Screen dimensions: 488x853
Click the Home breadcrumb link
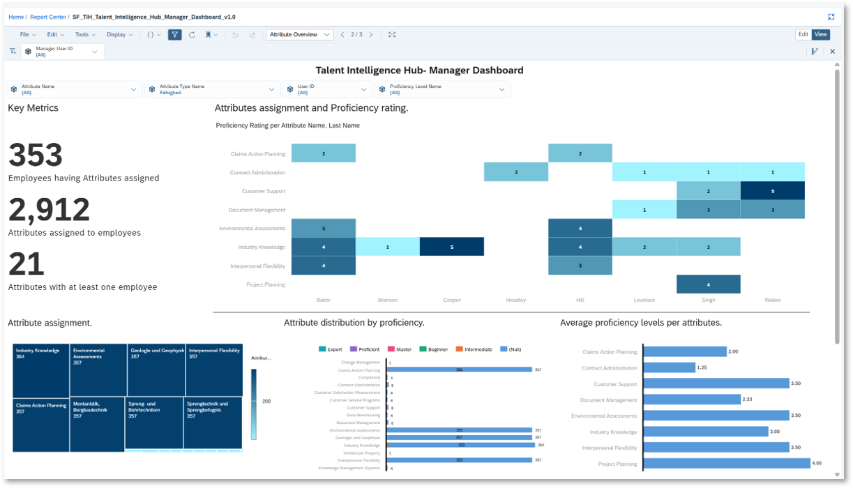point(15,17)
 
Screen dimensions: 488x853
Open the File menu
point(27,34)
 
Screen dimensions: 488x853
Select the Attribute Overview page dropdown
point(299,34)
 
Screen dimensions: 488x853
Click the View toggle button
point(821,34)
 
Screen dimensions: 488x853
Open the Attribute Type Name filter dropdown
point(212,89)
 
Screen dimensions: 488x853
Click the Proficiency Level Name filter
point(442,89)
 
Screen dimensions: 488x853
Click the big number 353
point(36,155)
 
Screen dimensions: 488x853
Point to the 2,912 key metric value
point(49,210)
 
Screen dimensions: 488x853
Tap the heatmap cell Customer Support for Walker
point(772,191)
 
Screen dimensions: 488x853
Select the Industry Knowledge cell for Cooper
point(451,247)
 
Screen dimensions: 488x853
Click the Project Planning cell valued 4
point(708,284)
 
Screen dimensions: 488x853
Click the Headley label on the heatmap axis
point(516,300)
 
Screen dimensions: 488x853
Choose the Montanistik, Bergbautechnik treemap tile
point(97,424)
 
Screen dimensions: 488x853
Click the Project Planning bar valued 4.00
point(726,464)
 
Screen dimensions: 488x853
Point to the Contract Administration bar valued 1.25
point(669,367)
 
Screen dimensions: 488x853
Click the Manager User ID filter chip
point(62,52)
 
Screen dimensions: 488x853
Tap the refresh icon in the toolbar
point(192,34)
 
